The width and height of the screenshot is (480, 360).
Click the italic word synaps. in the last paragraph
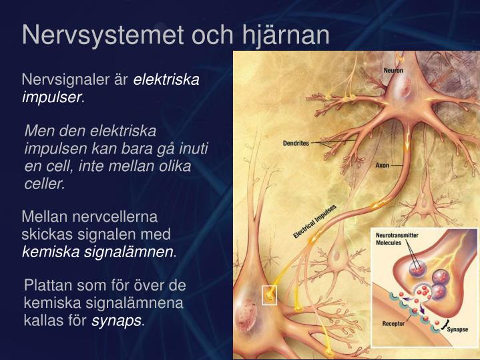[118, 320]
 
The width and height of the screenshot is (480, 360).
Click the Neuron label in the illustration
[393, 70]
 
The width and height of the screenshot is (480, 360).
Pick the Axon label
[382, 164]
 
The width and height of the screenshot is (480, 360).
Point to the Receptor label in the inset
[393, 323]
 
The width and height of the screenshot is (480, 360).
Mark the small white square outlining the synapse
[269, 295]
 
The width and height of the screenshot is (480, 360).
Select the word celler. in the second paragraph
[45, 183]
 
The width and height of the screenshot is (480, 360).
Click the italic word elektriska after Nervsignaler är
[166, 80]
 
